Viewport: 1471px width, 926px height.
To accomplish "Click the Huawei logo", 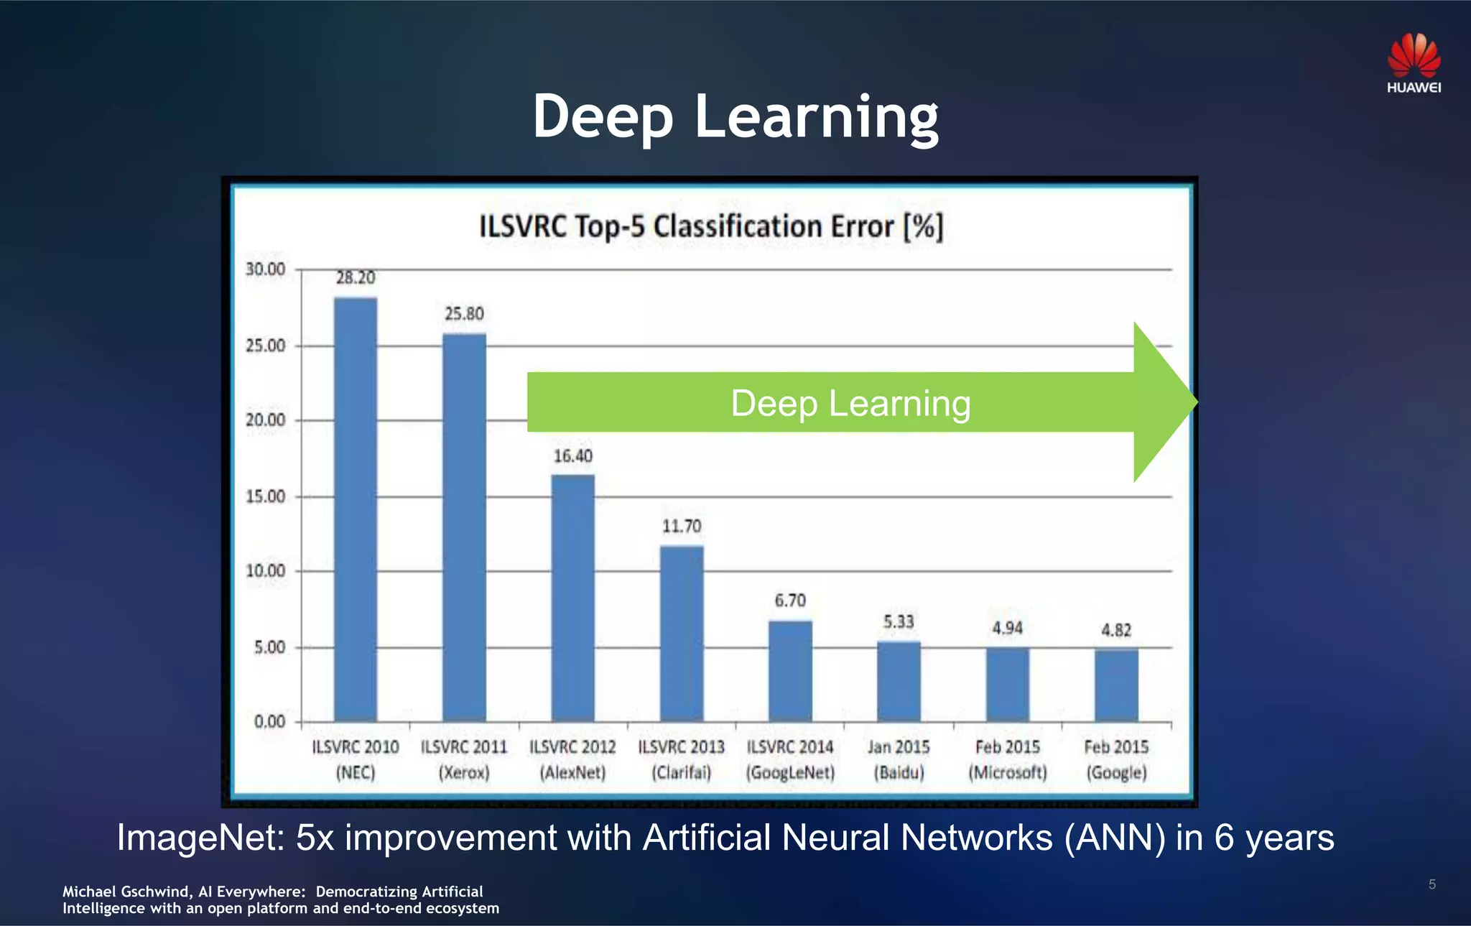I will click(x=1414, y=63).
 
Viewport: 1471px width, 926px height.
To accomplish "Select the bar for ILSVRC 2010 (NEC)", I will click(x=356, y=509).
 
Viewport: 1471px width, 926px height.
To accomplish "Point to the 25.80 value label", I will click(x=464, y=314).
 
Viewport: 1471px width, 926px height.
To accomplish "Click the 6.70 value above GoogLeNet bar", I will click(x=790, y=601).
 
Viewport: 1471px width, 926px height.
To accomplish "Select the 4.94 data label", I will click(x=1007, y=629).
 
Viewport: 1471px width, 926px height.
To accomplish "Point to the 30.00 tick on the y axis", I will click(x=266, y=269).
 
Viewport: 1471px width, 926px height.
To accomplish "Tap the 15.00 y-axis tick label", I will click(x=266, y=496).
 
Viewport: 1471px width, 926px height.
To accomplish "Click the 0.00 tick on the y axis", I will click(x=270, y=721).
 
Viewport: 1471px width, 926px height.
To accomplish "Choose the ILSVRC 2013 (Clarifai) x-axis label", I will click(x=682, y=759).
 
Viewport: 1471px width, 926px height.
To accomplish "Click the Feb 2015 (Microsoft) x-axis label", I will click(x=1007, y=759).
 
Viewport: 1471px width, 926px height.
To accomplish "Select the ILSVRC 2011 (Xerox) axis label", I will click(x=464, y=759).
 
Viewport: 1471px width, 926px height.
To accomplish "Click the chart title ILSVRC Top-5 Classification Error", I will click(x=710, y=227).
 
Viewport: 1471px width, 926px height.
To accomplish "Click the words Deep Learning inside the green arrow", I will click(x=850, y=403).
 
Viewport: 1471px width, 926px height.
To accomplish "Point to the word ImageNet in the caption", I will click(x=200, y=838).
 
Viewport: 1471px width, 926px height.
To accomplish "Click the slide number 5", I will click(x=1431, y=884).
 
